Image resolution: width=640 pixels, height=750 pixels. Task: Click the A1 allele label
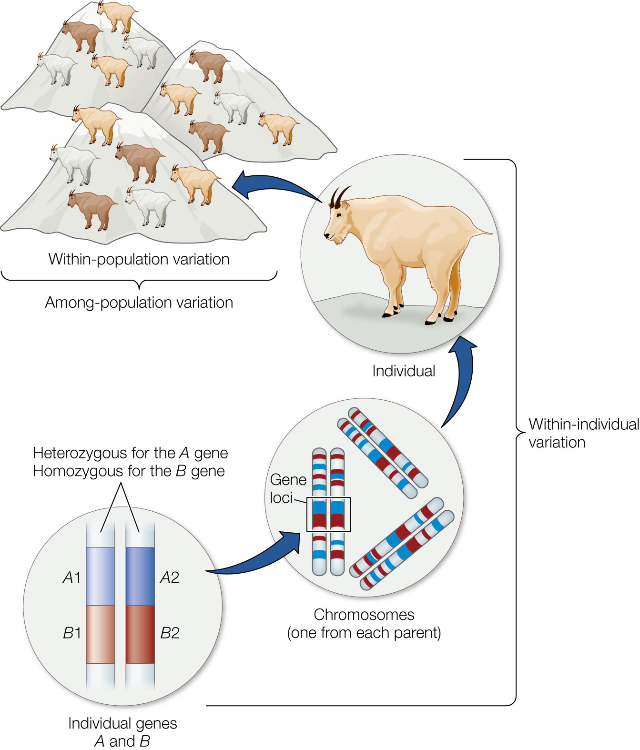(72, 578)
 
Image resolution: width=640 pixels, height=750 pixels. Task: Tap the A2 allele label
(170, 578)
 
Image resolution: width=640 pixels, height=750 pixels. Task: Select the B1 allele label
(72, 633)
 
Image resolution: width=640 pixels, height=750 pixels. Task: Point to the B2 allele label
(170, 633)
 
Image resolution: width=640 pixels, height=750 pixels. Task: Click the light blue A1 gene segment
(101, 576)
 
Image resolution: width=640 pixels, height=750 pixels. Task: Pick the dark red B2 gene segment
(140, 634)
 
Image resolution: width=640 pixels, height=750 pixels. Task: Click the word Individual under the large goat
(404, 371)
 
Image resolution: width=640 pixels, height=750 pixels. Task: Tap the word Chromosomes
(364, 615)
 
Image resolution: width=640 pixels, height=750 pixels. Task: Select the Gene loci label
(287, 488)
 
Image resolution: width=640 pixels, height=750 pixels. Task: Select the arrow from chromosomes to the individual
(459, 381)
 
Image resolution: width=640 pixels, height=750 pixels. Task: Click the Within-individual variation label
(583, 433)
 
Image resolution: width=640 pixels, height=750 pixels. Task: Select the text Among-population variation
(139, 303)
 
